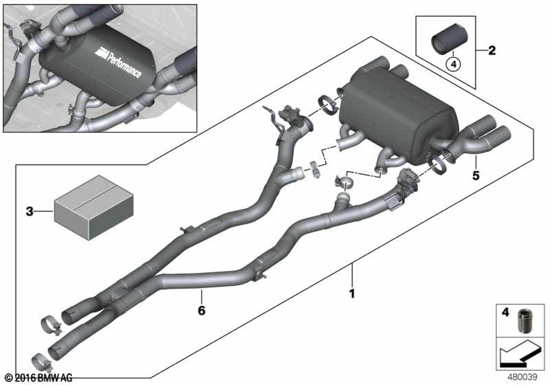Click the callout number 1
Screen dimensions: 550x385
point(352,294)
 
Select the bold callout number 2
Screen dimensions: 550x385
point(492,51)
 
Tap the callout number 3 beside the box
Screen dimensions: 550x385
point(30,211)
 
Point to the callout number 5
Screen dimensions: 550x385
point(476,175)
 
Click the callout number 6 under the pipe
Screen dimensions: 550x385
point(201,310)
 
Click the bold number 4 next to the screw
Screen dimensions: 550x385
point(505,312)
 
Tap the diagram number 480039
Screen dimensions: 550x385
point(522,377)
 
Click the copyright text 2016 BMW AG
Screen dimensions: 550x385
point(39,378)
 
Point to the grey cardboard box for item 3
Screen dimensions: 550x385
point(94,207)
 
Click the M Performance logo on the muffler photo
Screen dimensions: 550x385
point(119,62)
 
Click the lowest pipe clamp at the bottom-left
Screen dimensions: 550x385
point(42,363)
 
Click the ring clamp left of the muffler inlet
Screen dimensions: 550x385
point(328,105)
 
